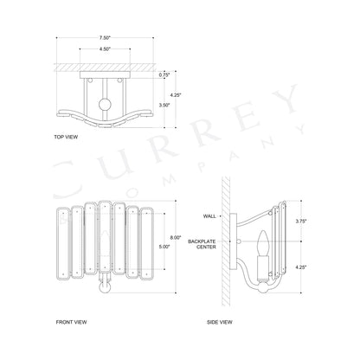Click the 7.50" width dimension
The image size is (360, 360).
point(105,38)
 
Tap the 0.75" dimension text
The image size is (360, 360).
point(164,75)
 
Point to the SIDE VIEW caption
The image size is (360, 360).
point(220,321)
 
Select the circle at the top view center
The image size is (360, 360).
point(105,108)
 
